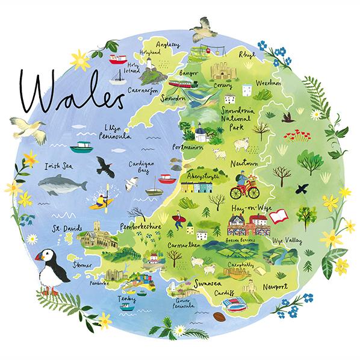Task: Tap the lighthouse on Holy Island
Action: pyautogui.click(x=146, y=73)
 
